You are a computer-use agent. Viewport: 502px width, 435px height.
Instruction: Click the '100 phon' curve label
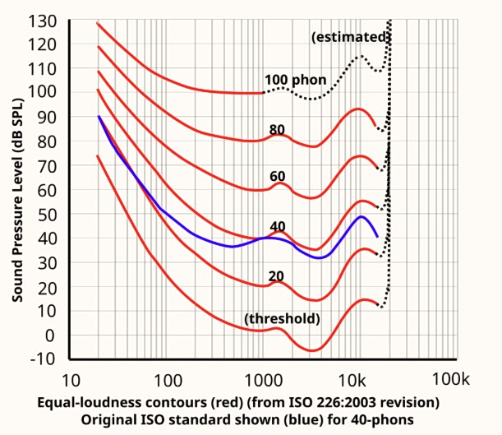(296, 81)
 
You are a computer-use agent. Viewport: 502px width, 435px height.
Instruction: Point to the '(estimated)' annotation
(350, 37)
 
